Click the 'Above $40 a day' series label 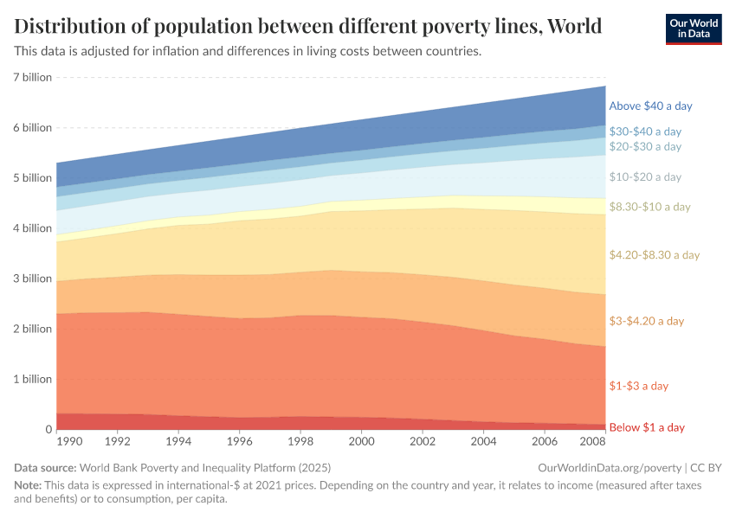point(650,106)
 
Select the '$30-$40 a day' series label point(645,131)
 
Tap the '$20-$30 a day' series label point(645,146)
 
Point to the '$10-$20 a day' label point(645,176)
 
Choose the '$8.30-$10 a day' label point(649,207)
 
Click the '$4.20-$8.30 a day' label point(654,255)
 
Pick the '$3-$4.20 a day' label point(646,321)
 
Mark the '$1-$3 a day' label point(638,386)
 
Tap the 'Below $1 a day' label point(647,427)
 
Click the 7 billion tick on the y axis point(31,77)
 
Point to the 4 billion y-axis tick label point(31,228)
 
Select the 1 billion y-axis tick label point(31,379)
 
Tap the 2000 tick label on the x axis point(360,441)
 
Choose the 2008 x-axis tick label point(592,441)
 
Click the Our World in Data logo point(693,28)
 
